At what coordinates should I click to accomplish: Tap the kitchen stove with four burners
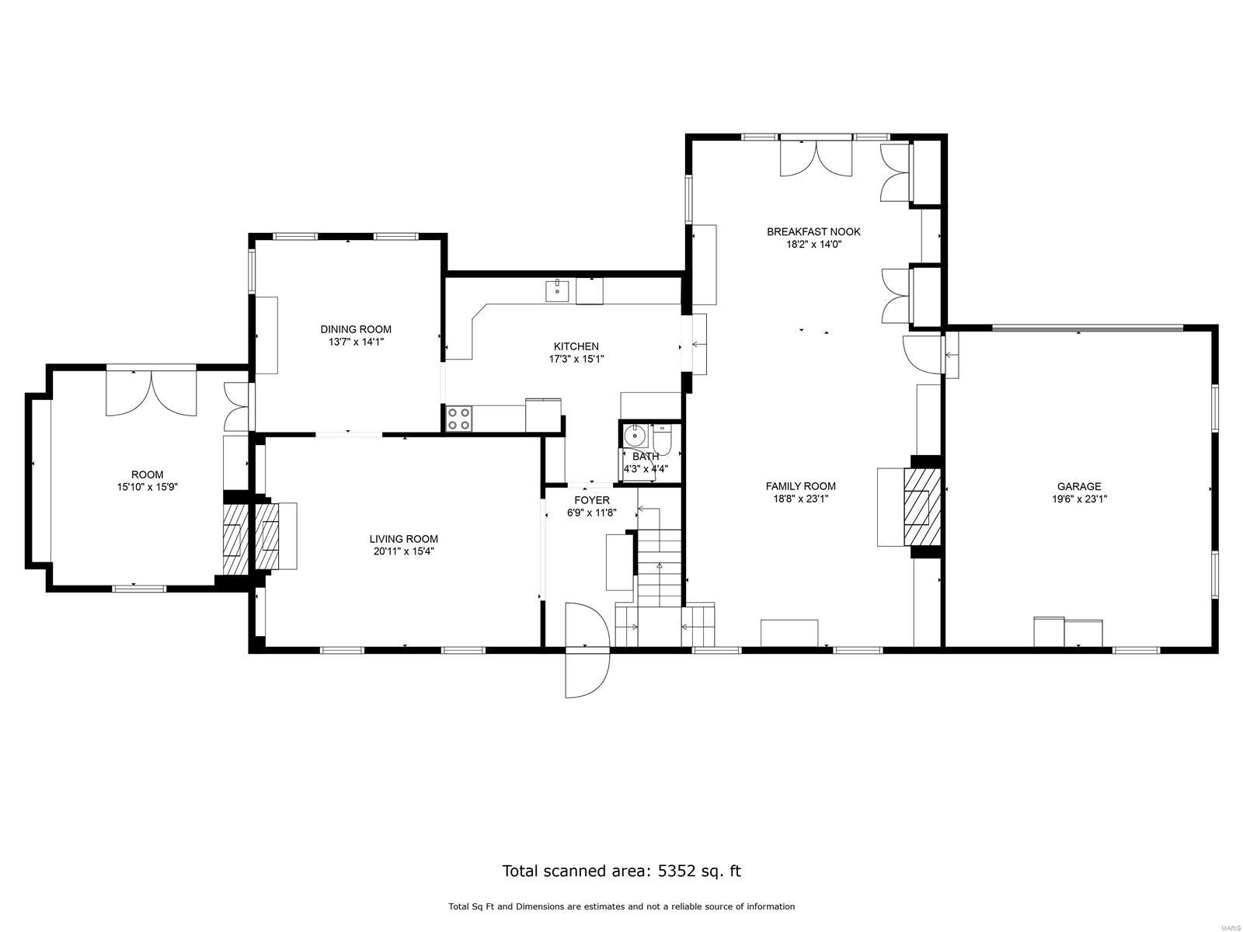coord(458,419)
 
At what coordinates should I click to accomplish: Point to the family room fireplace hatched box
coord(921,506)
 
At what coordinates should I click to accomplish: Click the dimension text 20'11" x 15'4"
coord(403,552)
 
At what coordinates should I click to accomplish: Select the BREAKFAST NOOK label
coord(813,231)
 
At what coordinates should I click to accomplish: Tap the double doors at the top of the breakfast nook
coord(816,158)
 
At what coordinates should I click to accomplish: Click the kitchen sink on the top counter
coord(557,292)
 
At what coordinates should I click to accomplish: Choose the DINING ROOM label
coord(356,329)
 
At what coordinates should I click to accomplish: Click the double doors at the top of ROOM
coord(152,388)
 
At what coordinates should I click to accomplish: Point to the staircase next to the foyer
coord(660,567)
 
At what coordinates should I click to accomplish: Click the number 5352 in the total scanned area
coord(677,871)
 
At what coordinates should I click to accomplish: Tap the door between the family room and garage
coord(918,353)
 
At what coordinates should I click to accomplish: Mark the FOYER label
coord(591,500)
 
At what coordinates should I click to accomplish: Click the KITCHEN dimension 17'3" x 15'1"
coord(576,360)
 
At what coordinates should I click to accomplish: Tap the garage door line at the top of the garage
coord(1088,329)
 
